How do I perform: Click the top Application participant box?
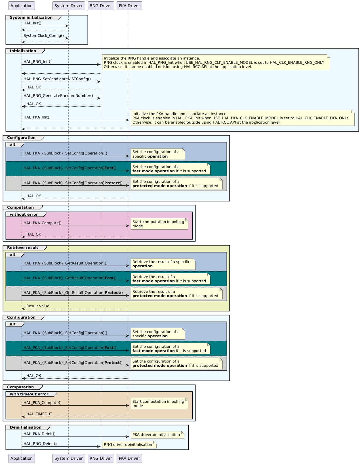[x=22, y=6]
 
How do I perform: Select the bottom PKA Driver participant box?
[x=129, y=458]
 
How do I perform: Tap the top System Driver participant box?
[x=68, y=6]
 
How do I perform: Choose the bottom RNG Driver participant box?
[x=101, y=458]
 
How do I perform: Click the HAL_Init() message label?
[x=32, y=23]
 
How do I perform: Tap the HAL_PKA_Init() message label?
[x=37, y=117]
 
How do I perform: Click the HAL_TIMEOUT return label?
[x=39, y=414]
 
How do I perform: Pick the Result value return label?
[x=38, y=306]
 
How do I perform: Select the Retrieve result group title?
[x=22, y=248]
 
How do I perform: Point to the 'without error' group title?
[x=24, y=215]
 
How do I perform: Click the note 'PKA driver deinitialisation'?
[x=157, y=435]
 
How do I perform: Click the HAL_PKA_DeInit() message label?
[x=39, y=434]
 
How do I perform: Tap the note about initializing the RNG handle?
[x=215, y=63]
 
